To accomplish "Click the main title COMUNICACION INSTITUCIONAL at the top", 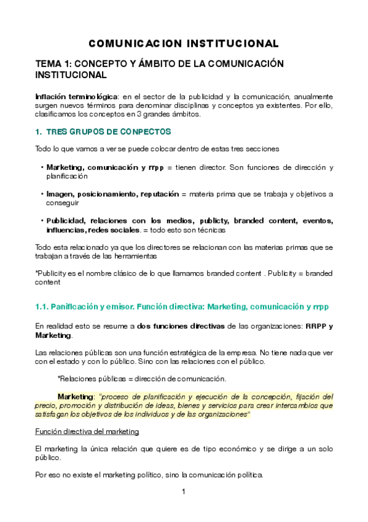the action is coord(184,44).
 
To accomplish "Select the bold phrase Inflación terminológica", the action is coord(76,97).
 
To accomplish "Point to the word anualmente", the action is coord(313,97).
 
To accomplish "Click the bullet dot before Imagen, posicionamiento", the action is coord(41,194).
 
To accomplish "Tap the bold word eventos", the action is coord(315,220).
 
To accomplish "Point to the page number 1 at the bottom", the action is coord(184,492).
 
